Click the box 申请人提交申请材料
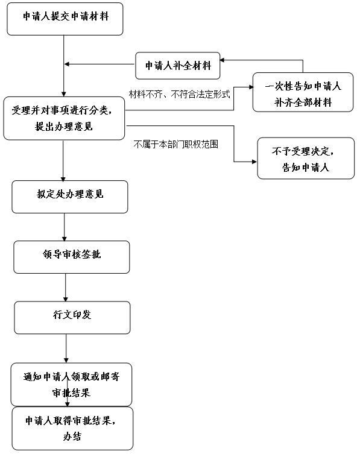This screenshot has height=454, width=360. coord(65,19)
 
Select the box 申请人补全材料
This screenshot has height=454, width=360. coord(178,66)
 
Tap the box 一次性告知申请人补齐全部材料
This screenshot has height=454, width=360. coord(303,92)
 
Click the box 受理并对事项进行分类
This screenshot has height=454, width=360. coord(64,118)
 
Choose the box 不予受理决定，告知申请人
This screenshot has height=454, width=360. coord(306,158)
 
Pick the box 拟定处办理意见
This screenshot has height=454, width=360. coord(70,197)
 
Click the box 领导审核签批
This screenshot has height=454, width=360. coord(72,257)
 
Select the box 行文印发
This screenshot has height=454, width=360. coord(72,318)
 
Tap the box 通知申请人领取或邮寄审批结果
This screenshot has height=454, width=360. coord(71,385)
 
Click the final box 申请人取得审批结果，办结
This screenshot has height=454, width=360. coord(72,429)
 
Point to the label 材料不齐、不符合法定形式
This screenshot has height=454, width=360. coord(180,94)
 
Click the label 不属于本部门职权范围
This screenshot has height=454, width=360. coord(176,144)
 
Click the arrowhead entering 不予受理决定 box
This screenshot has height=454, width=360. coord(254,162)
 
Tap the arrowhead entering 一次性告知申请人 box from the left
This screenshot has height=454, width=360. coord(250,87)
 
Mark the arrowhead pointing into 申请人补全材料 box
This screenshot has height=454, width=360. coord(223,60)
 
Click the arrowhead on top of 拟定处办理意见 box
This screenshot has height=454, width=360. coord(63,178)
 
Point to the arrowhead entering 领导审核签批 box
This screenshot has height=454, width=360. coord(65,239)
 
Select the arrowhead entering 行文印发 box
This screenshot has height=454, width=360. coord(66,299)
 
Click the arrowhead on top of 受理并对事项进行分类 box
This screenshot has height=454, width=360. coord(64,95)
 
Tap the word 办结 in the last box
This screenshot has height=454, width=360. coord(72,437)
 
